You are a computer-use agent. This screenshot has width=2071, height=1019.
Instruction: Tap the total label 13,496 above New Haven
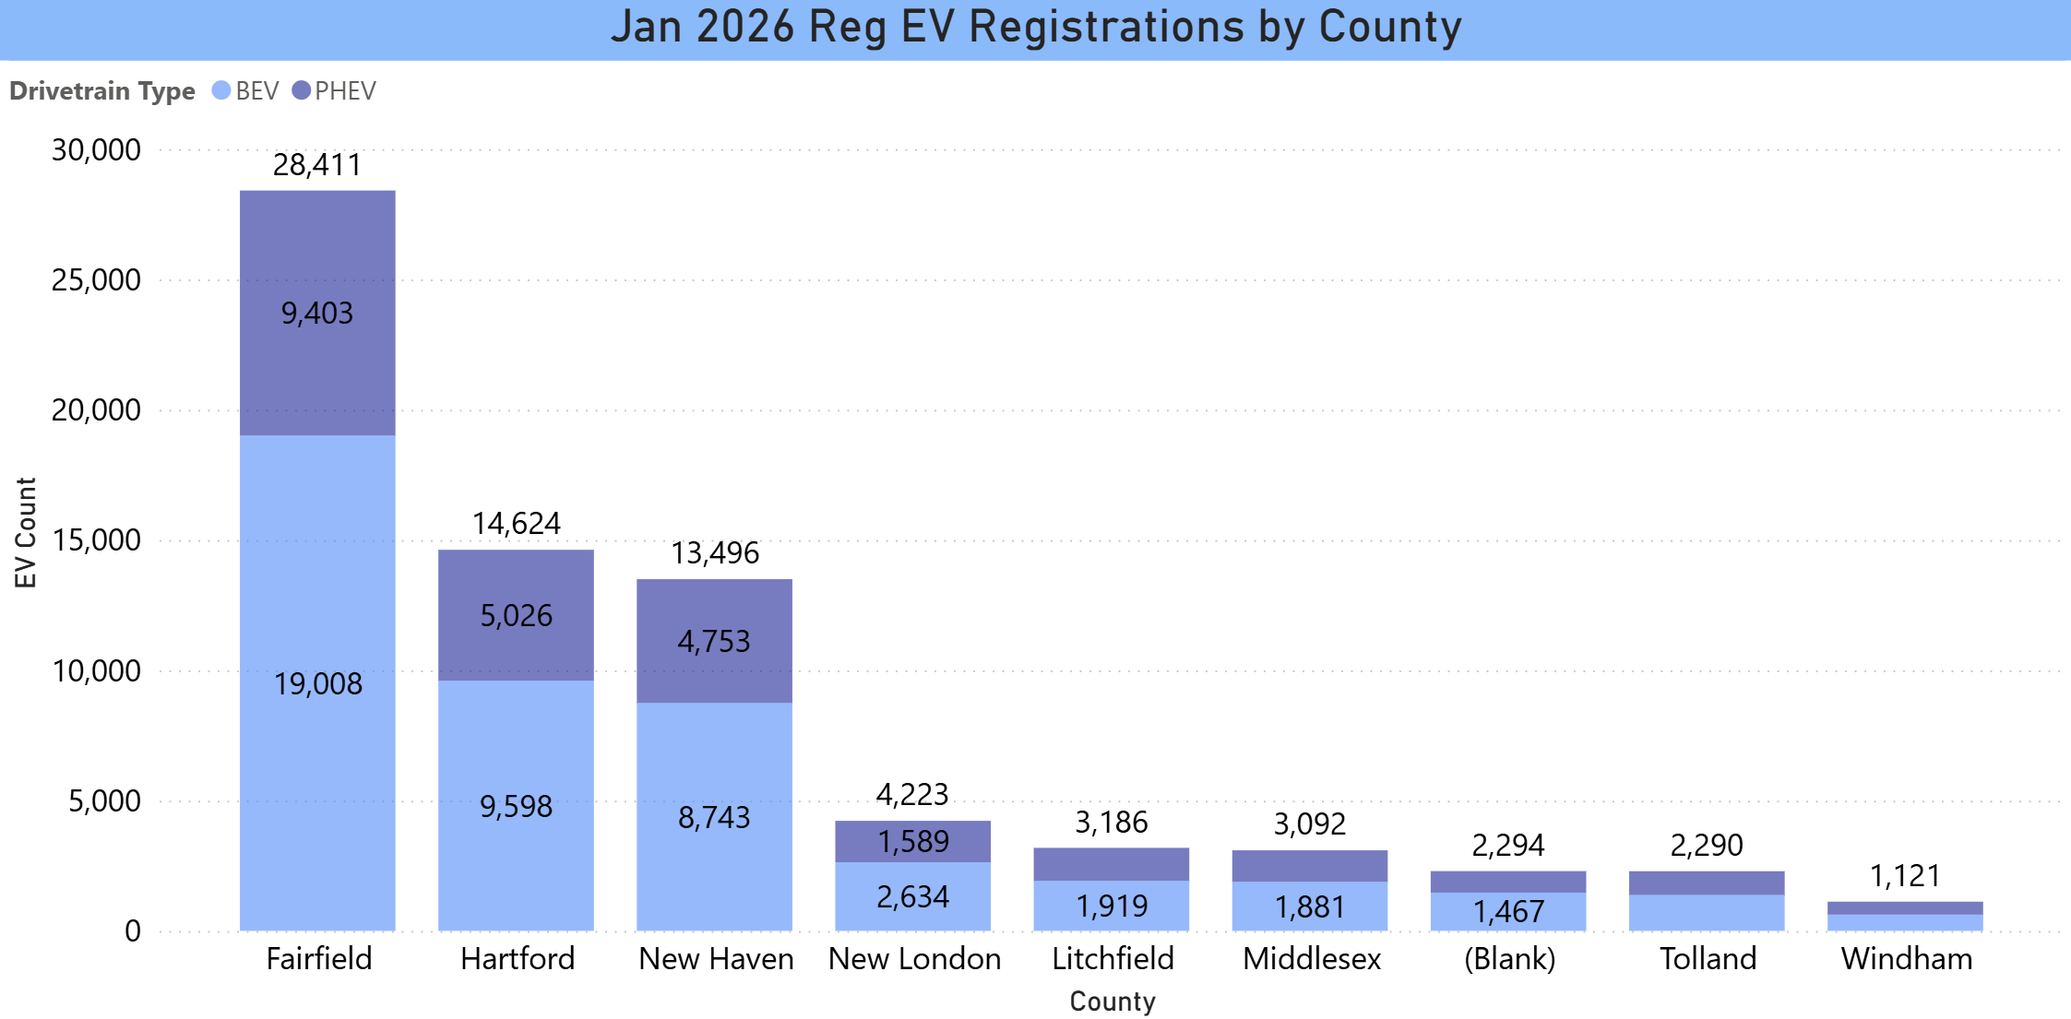pyautogui.click(x=715, y=553)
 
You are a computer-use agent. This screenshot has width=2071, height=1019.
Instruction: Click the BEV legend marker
pyautogui.click(x=221, y=90)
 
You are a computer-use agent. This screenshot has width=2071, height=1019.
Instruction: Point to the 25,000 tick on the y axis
pyautogui.click(x=96, y=280)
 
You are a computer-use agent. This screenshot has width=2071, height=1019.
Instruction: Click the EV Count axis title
pyautogui.click(x=25, y=532)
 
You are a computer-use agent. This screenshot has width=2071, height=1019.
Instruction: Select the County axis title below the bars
pyautogui.click(x=1112, y=1001)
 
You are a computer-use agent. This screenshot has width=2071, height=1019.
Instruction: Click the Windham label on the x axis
pyautogui.click(x=1906, y=959)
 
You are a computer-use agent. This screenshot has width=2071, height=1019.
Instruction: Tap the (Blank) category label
pyautogui.click(x=1509, y=959)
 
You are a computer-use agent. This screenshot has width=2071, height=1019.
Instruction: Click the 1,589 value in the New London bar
pyautogui.click(x=913, y=841)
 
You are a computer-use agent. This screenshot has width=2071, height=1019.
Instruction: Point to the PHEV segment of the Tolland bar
pyautogui.click(x=1707, y=883)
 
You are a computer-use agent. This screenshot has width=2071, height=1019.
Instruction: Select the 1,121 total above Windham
pyautogui.click(x=1905, y=875)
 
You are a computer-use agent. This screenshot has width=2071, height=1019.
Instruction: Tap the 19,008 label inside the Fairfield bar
pyautogui.click(x=318, y=683)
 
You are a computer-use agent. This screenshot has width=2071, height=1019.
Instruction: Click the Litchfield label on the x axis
pyautogui.click(x=1113, y=959)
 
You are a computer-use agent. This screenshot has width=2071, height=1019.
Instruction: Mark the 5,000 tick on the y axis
pyautogui.click(x=104, y=800)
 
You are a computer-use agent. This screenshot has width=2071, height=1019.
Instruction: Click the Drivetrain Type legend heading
pyautogui.click(x=102, y=90)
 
